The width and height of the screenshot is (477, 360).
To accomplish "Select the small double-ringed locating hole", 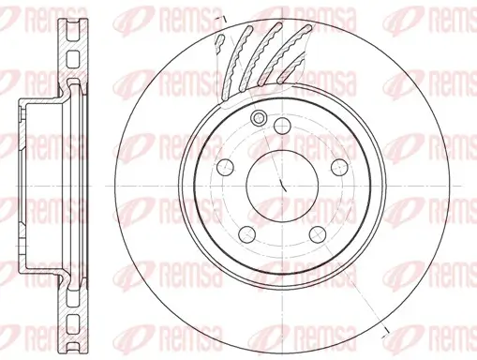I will (259, 117).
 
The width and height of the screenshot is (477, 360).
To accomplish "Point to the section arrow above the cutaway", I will (218, 19).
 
